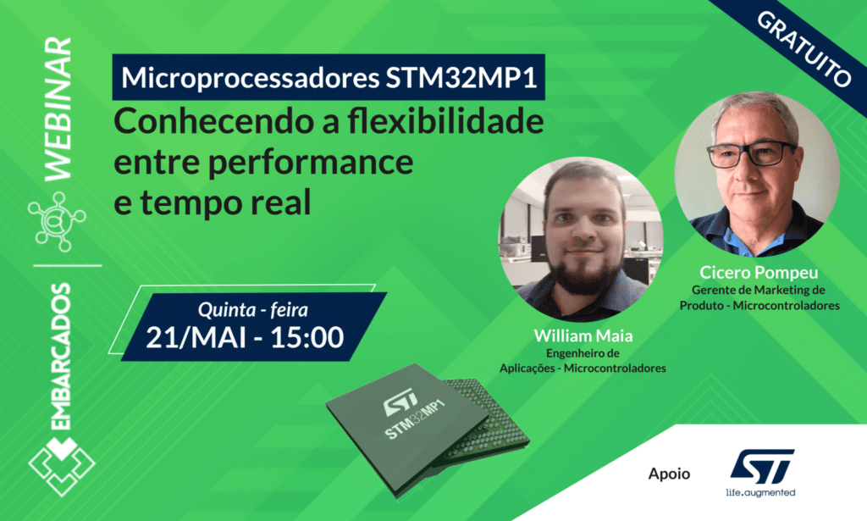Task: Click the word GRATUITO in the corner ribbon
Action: pos(803,49)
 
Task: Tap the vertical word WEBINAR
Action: pos(58,109)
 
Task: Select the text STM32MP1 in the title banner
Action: pos(461,77)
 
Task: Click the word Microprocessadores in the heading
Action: pos(250,78)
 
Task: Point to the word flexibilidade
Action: pos(445,121)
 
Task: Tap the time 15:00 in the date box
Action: pos(306,337)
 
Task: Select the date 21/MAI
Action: pos(196,337)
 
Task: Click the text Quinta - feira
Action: pos(252,310)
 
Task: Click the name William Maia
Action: pos(583,335)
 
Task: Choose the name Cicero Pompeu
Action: pos(759,272)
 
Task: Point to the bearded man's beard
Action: pos(583,270)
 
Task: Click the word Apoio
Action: pos(669,474)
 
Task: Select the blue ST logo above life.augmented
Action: pos(761,466)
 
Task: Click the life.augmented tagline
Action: pos(760,492)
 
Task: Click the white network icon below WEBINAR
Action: pos(57,220)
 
